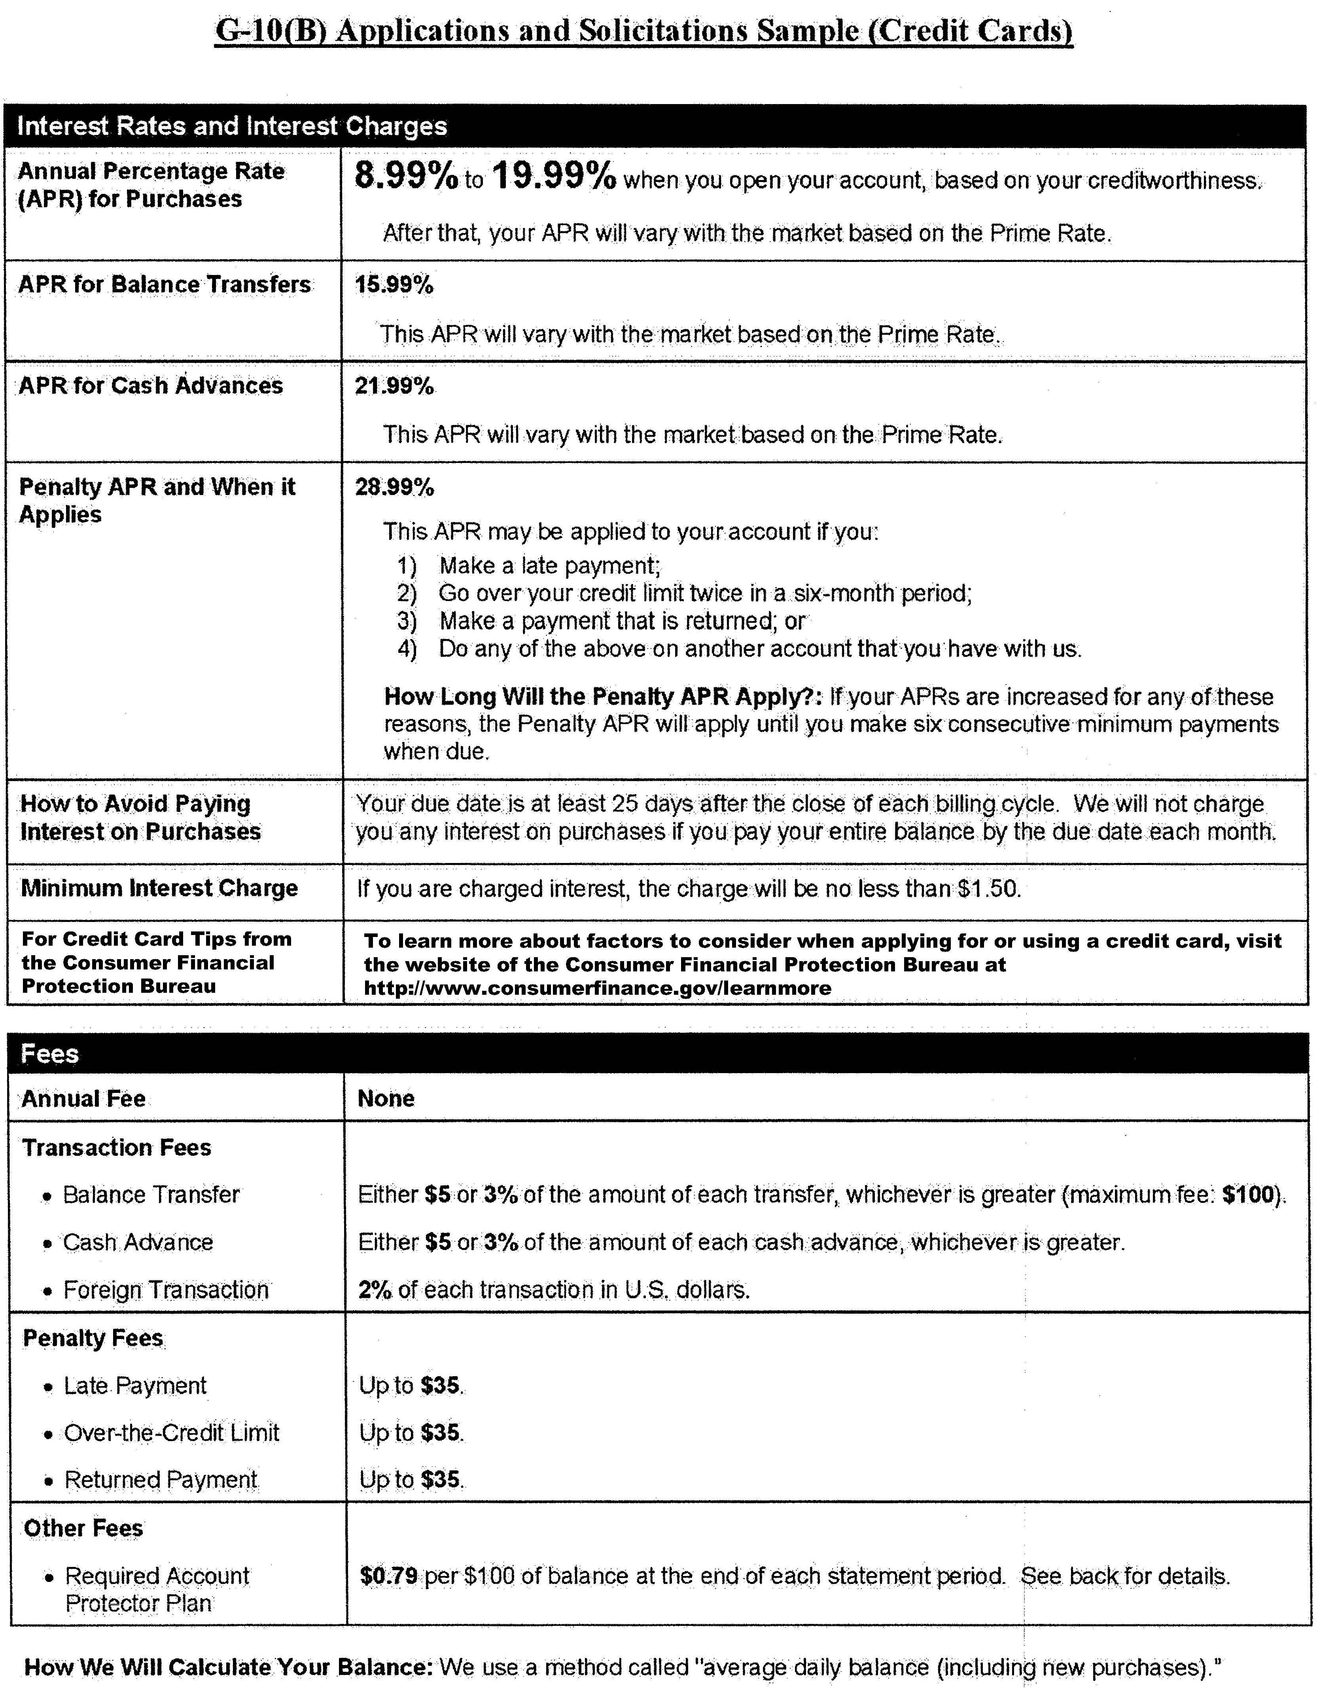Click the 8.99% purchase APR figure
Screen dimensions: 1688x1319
406,176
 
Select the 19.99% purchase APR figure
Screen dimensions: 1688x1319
553,176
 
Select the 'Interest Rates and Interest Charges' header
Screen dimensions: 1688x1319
232,126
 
